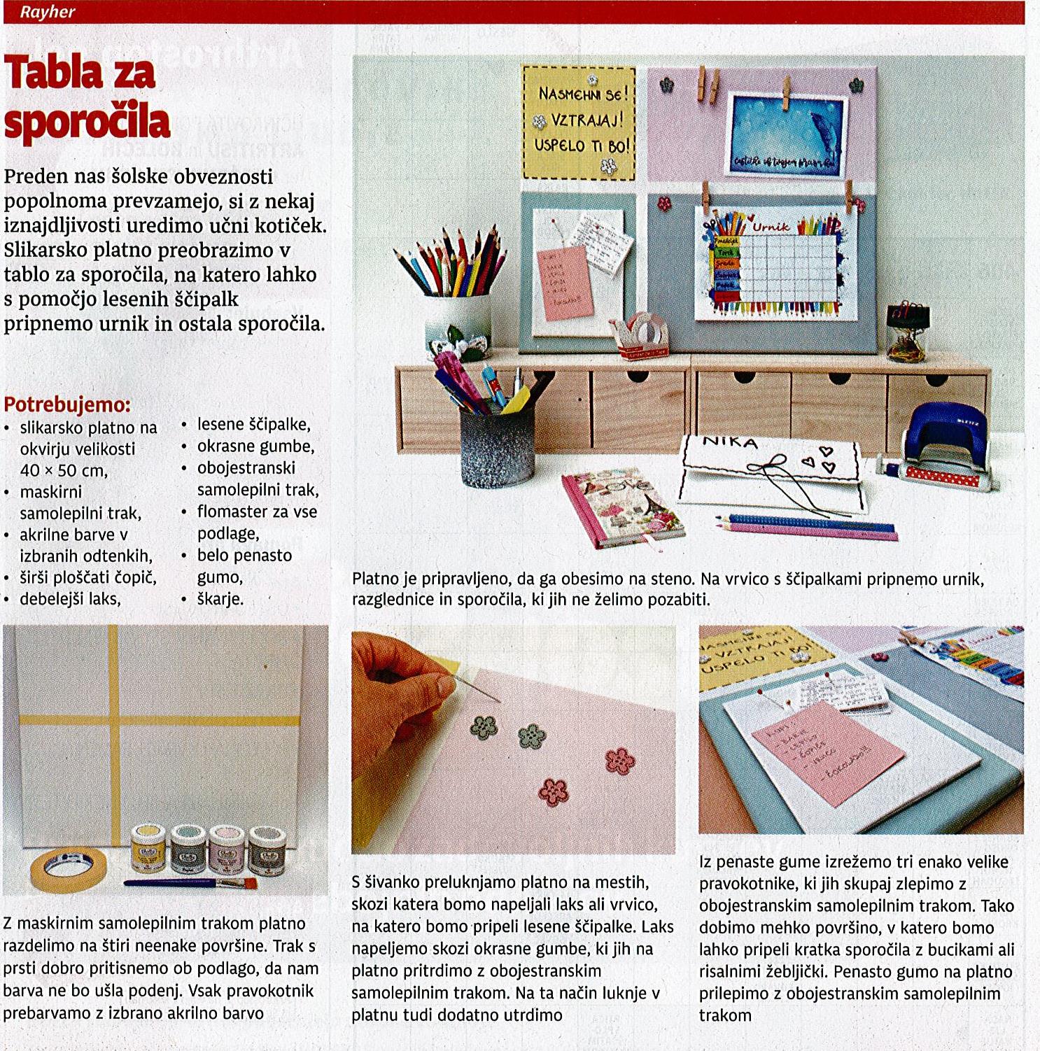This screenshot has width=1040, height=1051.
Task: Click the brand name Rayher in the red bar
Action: [47, 12]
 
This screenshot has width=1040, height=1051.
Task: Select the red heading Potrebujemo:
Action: [67, 404]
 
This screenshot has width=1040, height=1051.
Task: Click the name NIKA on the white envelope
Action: [730, 442]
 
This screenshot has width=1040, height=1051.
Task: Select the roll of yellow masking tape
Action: [68, 868]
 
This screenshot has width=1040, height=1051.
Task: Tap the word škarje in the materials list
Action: [220, 599]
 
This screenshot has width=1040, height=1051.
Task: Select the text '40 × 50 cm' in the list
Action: [64, 470]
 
